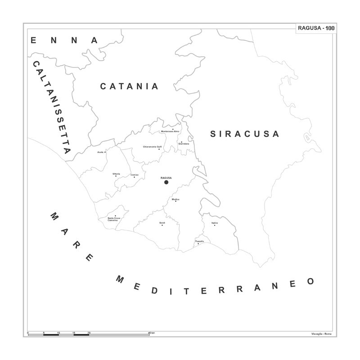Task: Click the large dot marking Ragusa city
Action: [166, 182]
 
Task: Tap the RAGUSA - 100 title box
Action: [315, 28]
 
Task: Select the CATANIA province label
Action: [129, 86]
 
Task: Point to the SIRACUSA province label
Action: [245, 134]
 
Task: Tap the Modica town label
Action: [175, 199]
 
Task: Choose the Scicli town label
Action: [162, 223]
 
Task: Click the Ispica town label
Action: [214, 223]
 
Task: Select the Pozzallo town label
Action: [200, 242]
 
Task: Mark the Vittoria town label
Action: [116, 174]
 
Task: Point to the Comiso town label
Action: [134, 175]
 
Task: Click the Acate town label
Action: [100, 152]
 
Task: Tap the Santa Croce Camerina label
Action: [114, 219]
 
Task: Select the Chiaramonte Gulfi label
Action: [152, 147]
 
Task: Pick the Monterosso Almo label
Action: [170, 131]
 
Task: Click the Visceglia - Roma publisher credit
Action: [321, 333]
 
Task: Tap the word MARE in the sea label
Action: [72, 237]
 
